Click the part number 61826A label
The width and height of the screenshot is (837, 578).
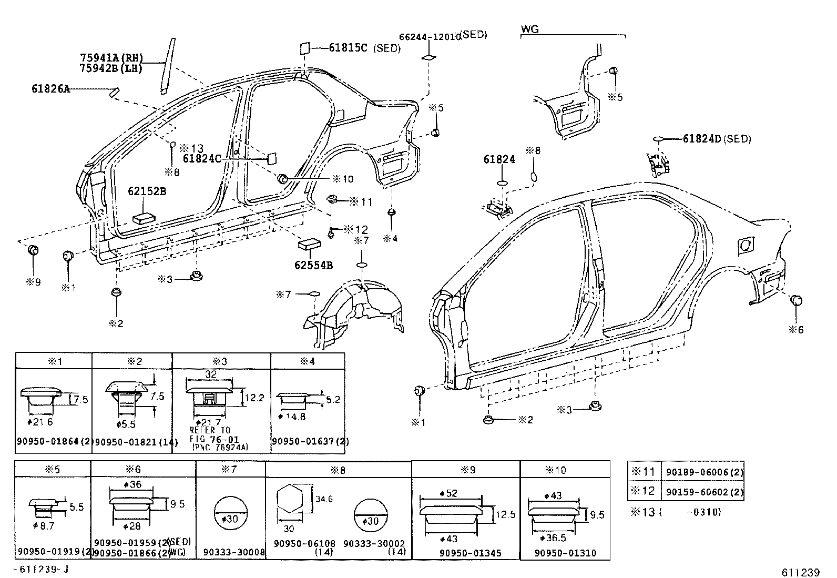pyautogui.click(x=50, y=89)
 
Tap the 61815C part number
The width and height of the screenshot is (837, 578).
pyautogui.click(x=348, y=48)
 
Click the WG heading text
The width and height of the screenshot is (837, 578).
pyautogui.click(x=530, y=29)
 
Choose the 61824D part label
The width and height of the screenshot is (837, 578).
pyautogui.click(x=702, y=139)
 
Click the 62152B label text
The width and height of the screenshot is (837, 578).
pyautogui.click(x=147, y=191)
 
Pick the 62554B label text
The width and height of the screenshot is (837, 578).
pyautogui.click(x=314, y=265)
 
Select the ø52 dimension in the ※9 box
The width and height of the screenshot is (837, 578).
pyautogui.click(x=448, y=493)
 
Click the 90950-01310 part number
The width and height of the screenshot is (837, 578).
pyautogui.click(x=565, y=553)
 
